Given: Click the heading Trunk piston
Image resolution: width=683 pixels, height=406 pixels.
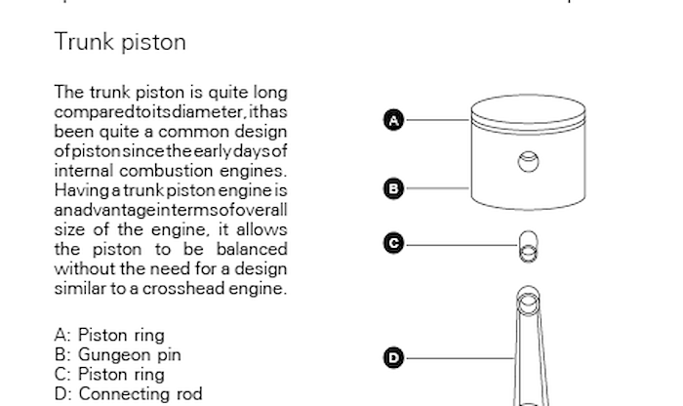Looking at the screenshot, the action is pyautogui.click(x=120, y=43).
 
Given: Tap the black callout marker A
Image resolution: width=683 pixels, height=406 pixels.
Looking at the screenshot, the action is pyautogui.click(x=394, y=120).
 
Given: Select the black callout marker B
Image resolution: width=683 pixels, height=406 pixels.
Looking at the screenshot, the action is pyautogui.click(x=394, y=188).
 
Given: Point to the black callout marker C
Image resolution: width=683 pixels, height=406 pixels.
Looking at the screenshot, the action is pyautogui.click(x=394, y=243).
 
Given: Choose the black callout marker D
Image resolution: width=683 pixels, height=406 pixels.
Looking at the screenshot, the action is pyautogui.click(x=394, y=357).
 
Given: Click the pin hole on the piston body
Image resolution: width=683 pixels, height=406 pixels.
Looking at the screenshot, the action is pyautogui.click(x=529, y=162).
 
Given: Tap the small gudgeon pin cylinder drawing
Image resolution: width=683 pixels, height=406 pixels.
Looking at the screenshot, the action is pyautogui.click(x=529, y=247).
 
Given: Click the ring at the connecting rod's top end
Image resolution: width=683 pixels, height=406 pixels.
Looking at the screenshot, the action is pyautogui.click(x=529, y=301).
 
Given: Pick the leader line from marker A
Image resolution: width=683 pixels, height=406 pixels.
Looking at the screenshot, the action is pyautogui.click(x=438, y=120).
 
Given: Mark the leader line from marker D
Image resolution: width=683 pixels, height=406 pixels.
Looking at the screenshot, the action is pyautogui.click(x=460, y=358).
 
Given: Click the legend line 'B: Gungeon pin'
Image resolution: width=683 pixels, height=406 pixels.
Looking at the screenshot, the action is pyautogui.click(x=118, y=355).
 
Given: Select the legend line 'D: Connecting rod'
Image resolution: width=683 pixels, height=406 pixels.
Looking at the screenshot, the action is pyautogui.click(x=129, y=394).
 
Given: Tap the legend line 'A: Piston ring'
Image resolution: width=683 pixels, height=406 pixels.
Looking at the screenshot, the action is pyautogui.click(x=109, y=336).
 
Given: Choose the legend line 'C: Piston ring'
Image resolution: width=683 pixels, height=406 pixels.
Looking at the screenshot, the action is pyautogui.click(x=109, y=375).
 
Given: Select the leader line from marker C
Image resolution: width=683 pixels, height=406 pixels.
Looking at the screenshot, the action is pyautogui.click(x=462, y=245).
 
